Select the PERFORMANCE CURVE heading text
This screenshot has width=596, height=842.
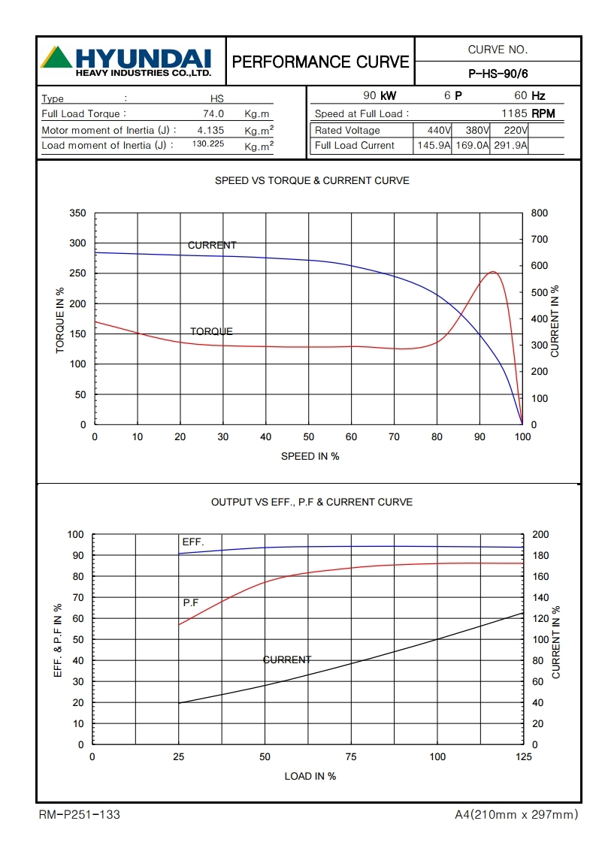[x=321, y=62]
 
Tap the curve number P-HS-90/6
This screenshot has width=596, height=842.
[x=498, y=74]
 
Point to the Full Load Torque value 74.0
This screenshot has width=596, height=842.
[x=213, y=114]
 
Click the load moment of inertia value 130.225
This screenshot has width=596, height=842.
[x=208, y=144]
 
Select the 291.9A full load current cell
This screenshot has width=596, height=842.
[x=510, y=146]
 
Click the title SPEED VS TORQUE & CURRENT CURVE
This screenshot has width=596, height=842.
[x=312, y=181]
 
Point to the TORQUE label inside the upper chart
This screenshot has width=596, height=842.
[x=211, y=331]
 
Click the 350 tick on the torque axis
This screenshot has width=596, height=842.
[x=77, y=213]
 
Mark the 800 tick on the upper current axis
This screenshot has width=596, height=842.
[x=540, y=213]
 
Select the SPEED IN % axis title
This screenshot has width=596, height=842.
[x=310, y=456]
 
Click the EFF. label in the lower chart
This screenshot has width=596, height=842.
[x=193, y=542]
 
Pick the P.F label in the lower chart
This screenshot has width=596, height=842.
[x=191, y=602]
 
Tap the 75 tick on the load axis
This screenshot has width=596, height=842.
[x=351, y=757]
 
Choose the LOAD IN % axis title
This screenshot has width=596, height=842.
[x=310, y=776]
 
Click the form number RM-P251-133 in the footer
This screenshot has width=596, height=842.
[x=79, y=814]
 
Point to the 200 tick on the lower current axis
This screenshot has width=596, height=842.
[x=540, y=535]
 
